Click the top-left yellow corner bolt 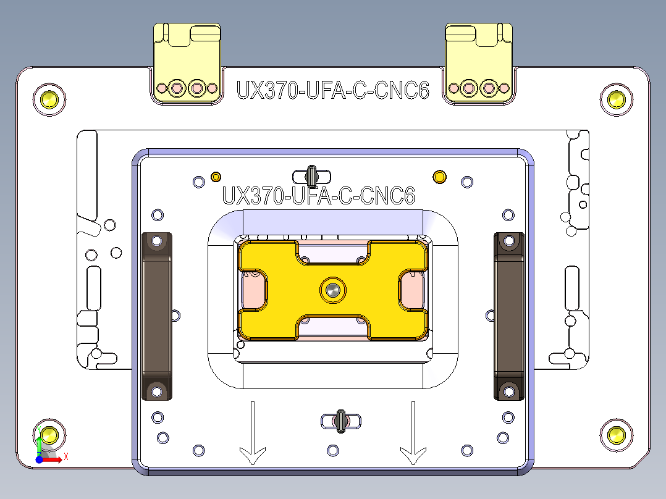click(x=49, y=98)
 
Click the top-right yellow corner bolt click(x=616, y=98)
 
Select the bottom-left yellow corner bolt click(x=49, y=435)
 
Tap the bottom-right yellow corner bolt click(x=616, y=435)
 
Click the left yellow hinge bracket click(x=187, y=65)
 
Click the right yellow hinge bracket click(x=479, y=65)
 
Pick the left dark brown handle click(x=157, y=316)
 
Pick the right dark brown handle click(x=508, y=316)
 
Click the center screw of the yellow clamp click(x=333, y=289)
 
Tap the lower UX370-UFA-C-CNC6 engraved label click(x=318, y=196)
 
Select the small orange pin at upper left click(x=216, y=177)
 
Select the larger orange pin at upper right click(x=439, y=177)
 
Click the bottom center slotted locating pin click(x=340, y=421)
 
